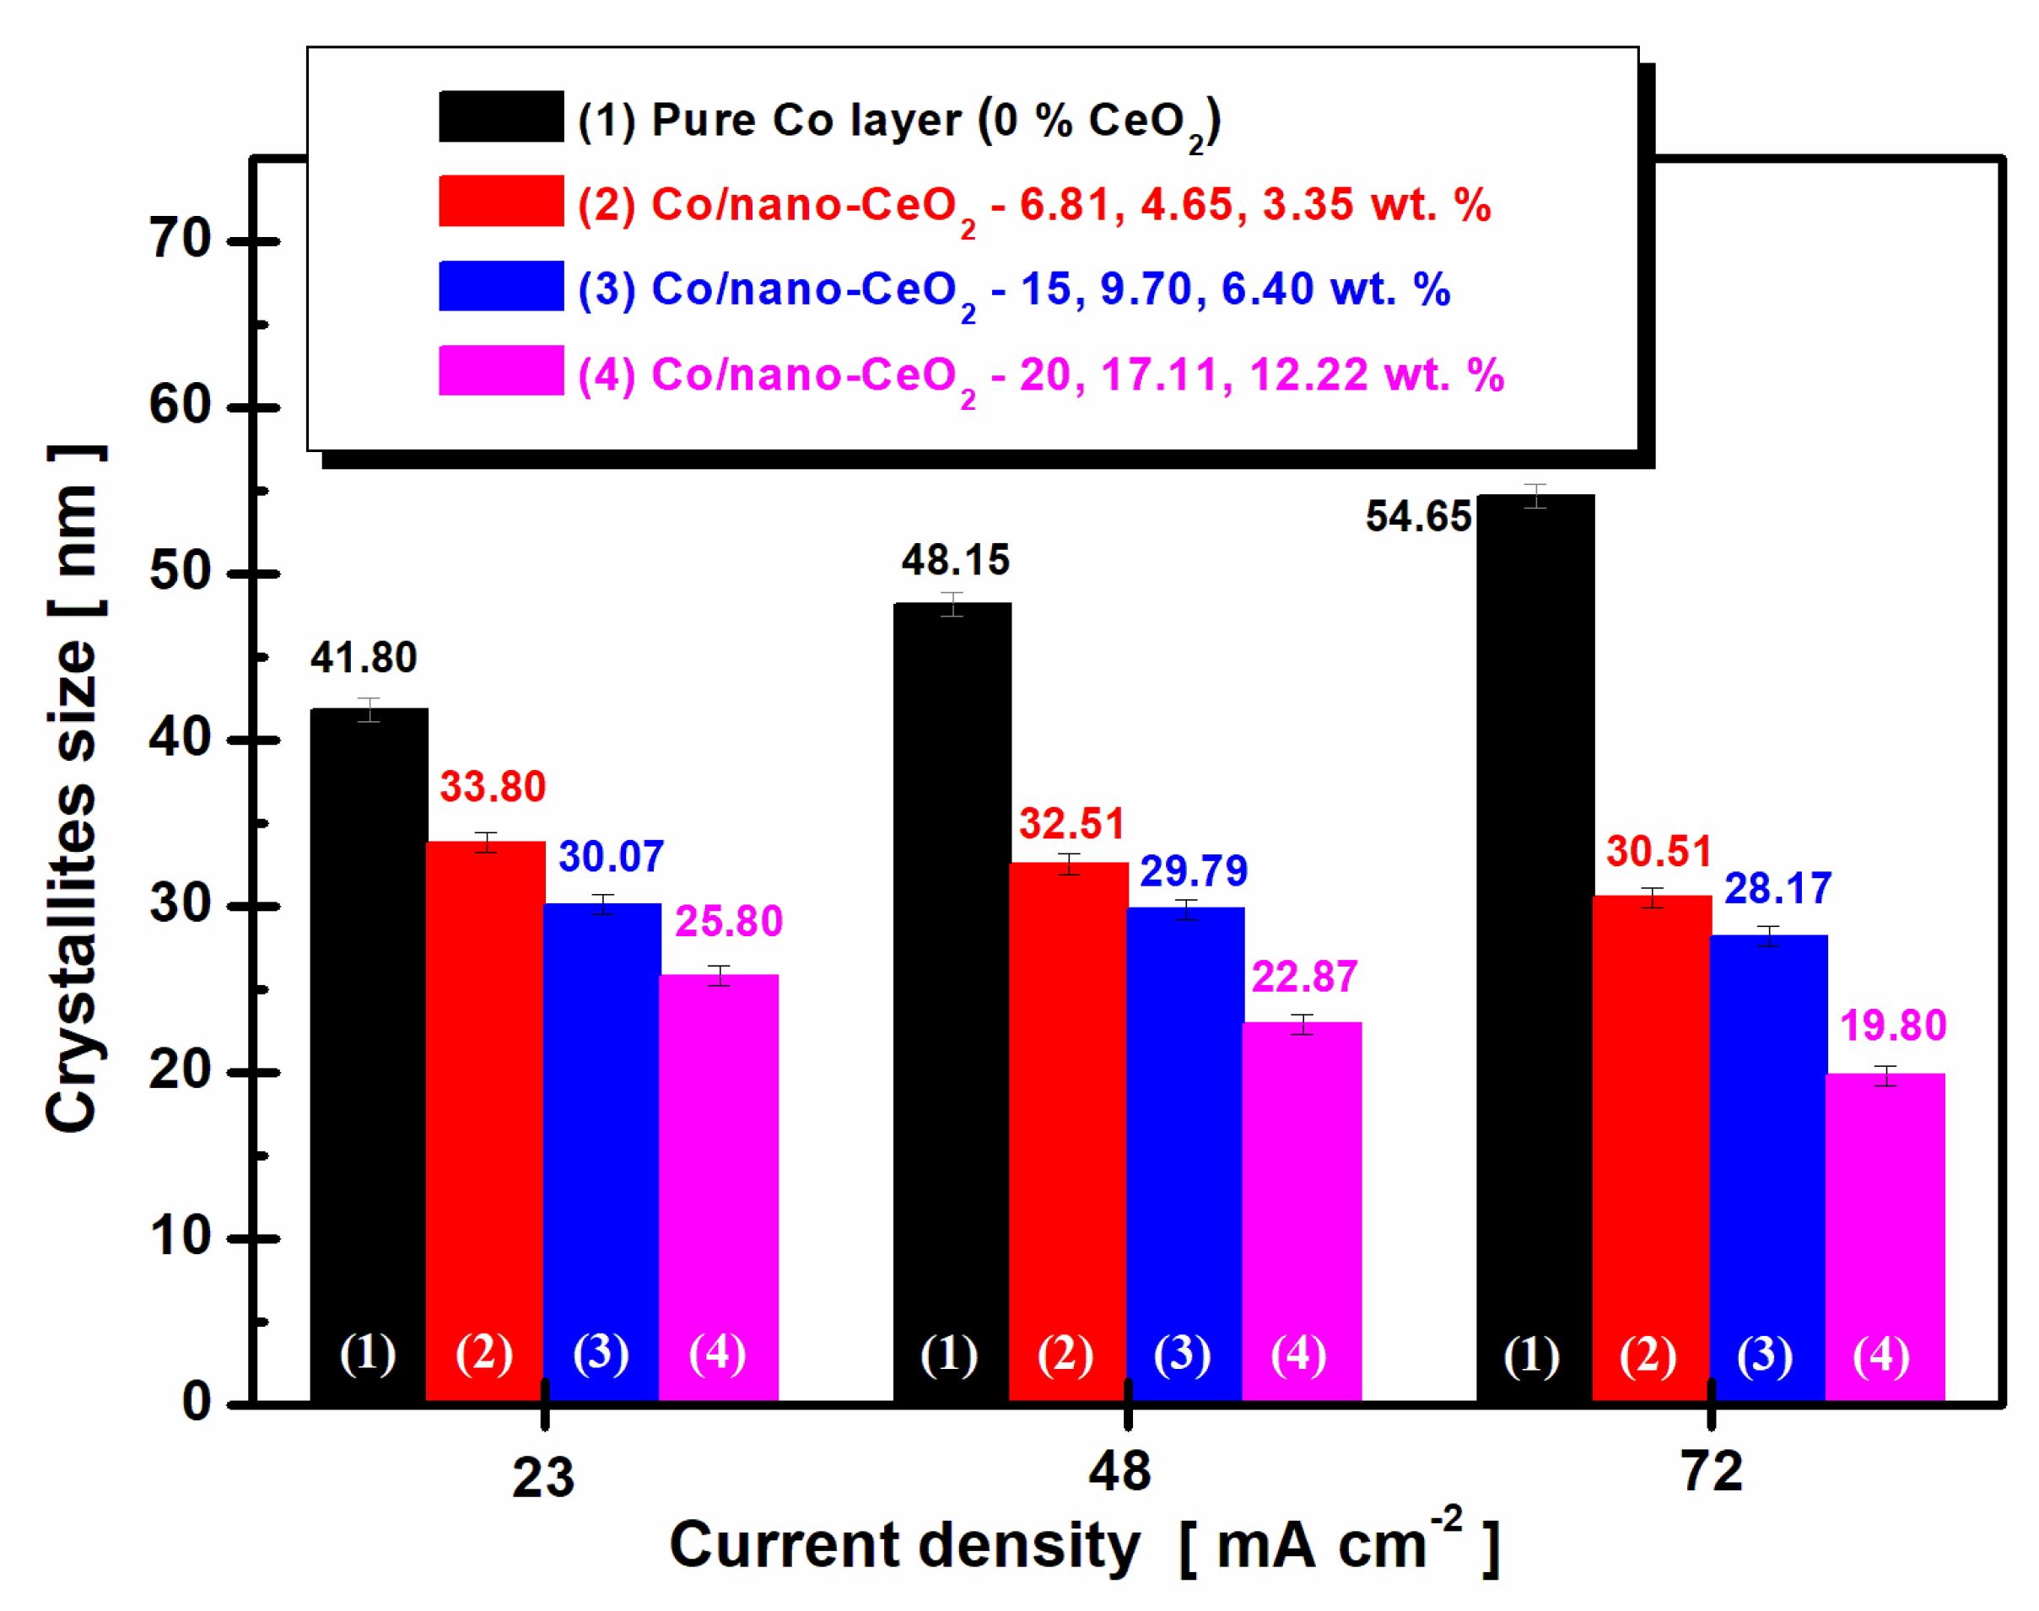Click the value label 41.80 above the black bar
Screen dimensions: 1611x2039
point(363,657)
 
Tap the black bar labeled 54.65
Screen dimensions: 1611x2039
point(1535,943)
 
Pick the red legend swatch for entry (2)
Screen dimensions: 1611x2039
point(501,201)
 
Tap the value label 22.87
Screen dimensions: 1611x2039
point(1304,976)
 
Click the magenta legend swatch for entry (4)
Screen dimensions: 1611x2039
point(501,370)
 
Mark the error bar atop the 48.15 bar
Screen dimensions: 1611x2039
point(952,605)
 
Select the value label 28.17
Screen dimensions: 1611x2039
point(1777,888)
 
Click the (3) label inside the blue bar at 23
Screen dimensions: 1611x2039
point(601,1355)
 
